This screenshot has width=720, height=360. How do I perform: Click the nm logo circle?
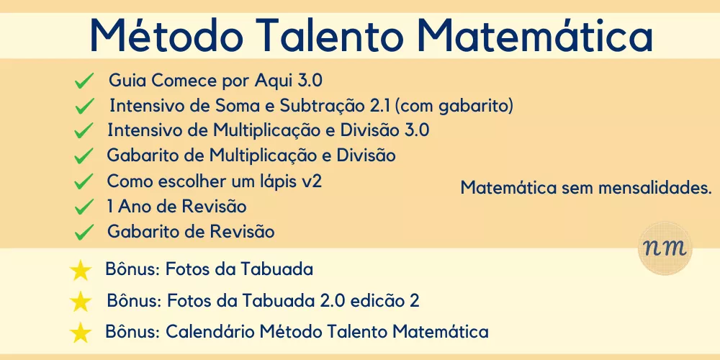click(665, 248)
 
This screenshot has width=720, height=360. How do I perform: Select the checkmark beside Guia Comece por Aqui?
click(84, 81)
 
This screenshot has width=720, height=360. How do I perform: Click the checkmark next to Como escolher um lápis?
click(84, 182)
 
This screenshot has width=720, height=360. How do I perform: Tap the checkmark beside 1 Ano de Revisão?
click(84, 207)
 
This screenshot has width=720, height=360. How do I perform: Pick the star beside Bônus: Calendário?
click(81, 333)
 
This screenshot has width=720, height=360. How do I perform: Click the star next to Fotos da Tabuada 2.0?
click(81, 301)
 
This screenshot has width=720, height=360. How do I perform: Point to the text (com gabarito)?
click(454, 106)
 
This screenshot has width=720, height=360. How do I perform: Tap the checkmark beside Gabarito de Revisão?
click(84, 233)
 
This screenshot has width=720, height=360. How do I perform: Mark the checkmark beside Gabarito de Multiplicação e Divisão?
click(84, 156)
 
